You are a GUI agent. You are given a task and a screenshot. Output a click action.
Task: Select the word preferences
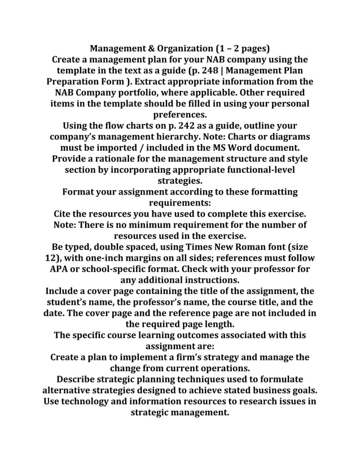[180, 115]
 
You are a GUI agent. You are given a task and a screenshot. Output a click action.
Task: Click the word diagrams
[288, 137]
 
